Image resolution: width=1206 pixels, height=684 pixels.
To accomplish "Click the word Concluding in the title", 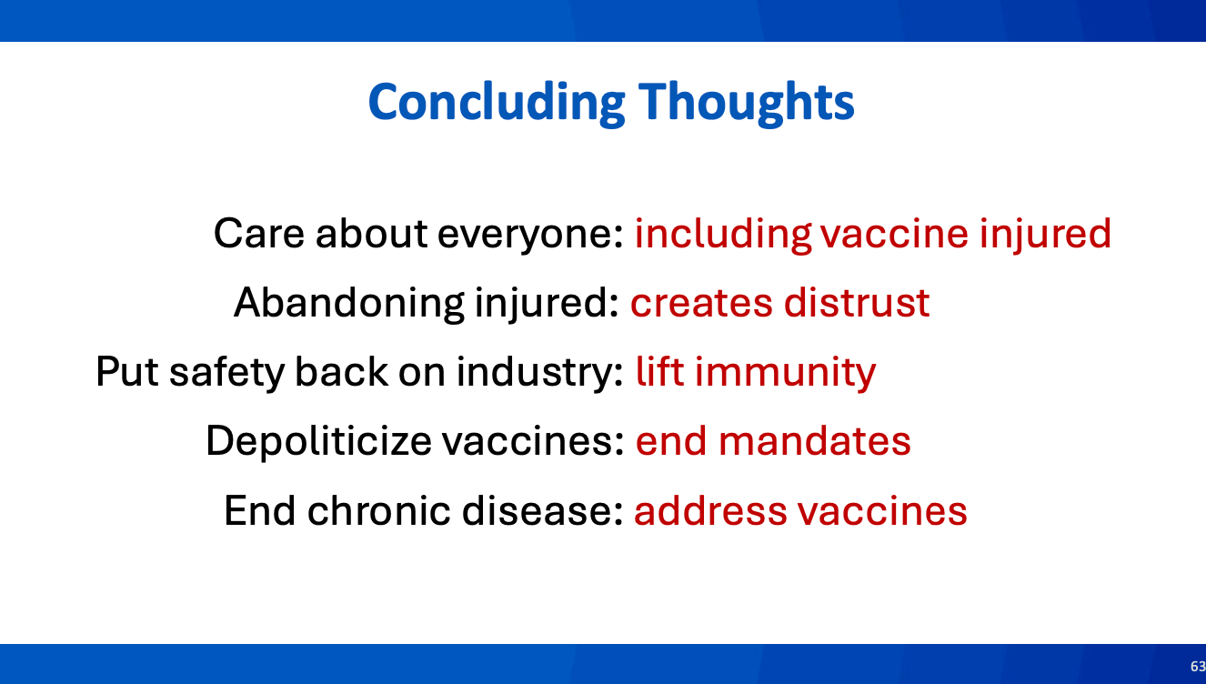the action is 497,104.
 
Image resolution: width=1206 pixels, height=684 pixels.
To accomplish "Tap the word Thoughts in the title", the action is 746,103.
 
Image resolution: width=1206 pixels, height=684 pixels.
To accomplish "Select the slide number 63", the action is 1198,666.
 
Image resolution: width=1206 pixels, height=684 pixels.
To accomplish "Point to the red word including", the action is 723,235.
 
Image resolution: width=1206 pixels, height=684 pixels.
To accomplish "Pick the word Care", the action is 259,234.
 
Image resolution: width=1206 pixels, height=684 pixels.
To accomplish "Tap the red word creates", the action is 701,304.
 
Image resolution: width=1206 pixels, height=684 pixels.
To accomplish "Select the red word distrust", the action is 857,303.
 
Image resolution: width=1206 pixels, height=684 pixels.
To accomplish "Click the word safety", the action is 226,373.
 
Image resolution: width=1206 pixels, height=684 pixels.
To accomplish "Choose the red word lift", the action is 660,371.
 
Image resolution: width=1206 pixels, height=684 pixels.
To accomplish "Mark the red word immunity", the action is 786,373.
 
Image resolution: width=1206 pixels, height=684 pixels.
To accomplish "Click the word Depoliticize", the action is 318,441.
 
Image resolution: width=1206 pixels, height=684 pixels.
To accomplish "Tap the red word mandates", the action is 815,441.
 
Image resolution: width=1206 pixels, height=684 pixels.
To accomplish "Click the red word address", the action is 710,510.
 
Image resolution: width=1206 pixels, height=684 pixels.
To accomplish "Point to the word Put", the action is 127,372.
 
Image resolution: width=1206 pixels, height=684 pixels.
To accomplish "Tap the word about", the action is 371,234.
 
